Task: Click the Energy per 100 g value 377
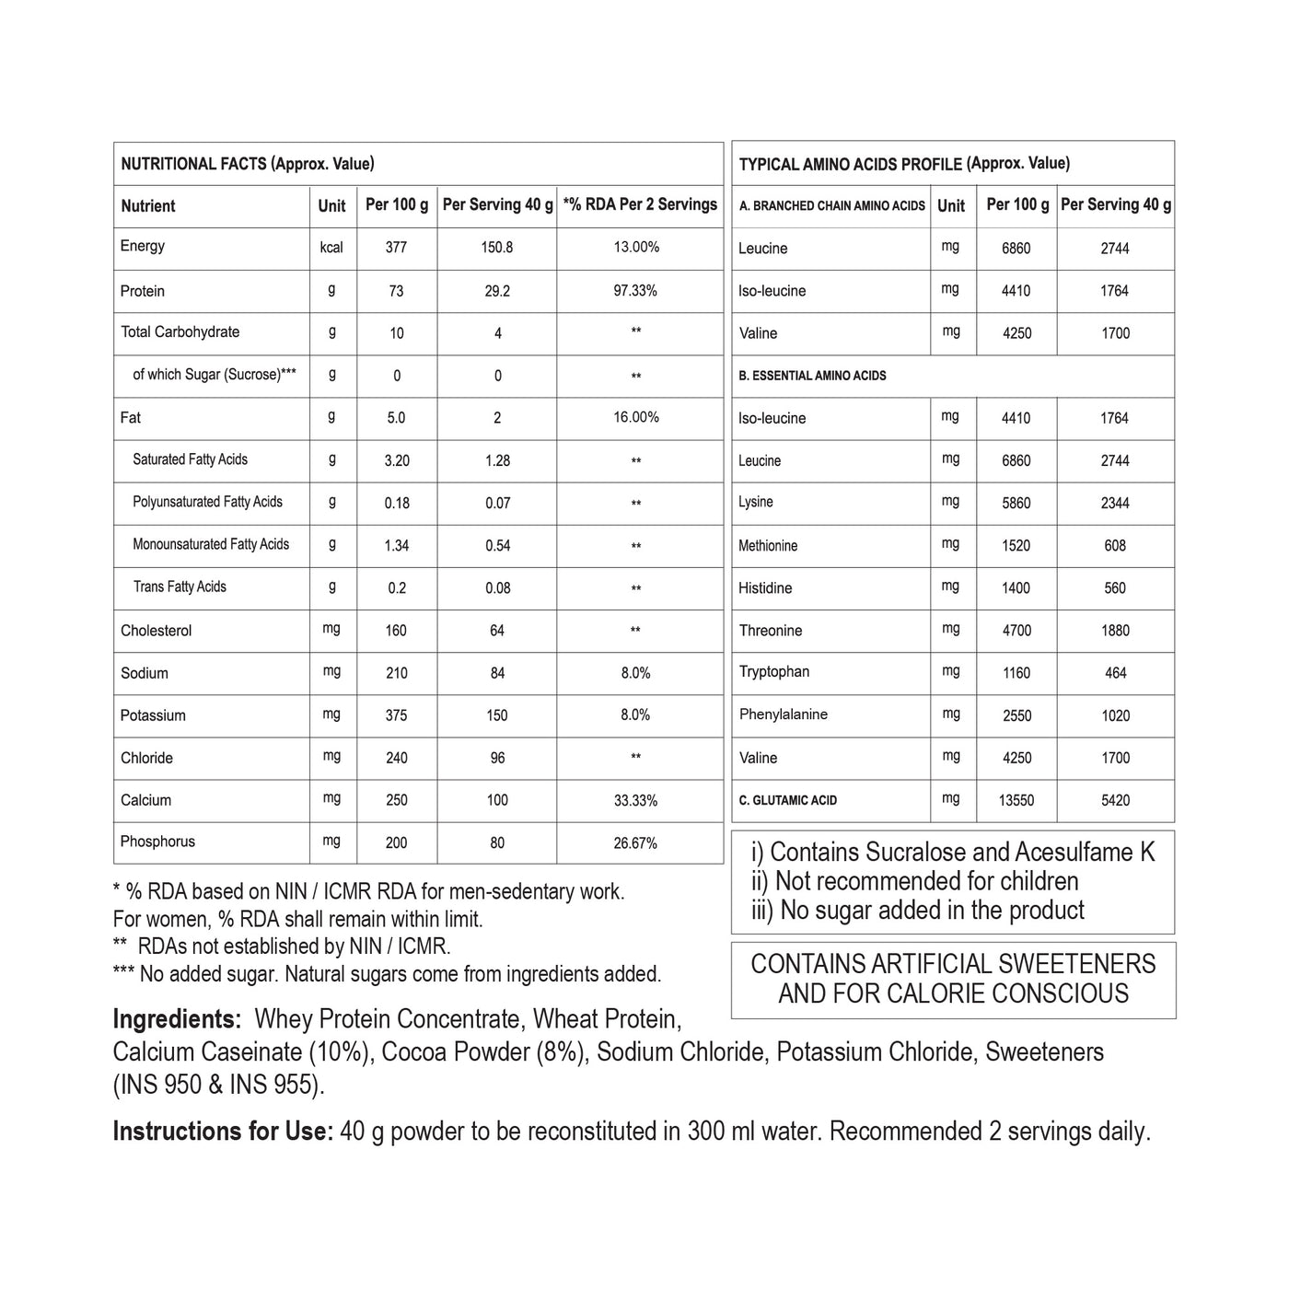396,248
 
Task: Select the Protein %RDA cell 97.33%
635,291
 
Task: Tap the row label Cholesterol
156,631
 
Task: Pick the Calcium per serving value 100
497,800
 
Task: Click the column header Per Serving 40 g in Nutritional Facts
497,204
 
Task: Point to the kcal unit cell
331,248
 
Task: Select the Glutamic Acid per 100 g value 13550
1016,801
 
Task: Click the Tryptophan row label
773,672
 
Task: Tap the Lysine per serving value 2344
1115,504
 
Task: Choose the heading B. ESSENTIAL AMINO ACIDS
812,376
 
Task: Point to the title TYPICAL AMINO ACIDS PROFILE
851,164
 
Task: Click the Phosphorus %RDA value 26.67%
635,842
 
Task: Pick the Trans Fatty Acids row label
180,587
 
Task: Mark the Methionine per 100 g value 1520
1016,546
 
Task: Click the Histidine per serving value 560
1115,588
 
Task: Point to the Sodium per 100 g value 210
396,673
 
